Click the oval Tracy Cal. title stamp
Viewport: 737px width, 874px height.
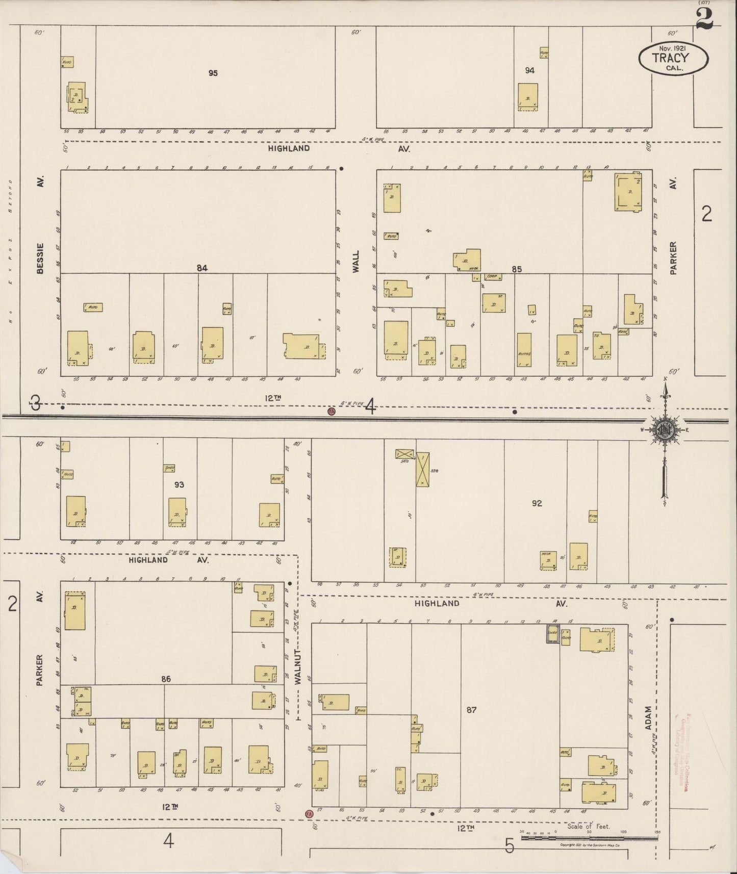click(673, 58)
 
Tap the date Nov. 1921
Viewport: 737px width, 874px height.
click(672, 47)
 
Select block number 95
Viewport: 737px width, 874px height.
click(213, 73)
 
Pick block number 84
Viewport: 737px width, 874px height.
click(202, 268)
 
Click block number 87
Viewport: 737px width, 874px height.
click(471, 709)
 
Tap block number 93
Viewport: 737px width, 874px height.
click(179, 484)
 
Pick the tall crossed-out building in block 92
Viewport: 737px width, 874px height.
click(422, 469)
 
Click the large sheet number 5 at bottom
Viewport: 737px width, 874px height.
click(510, 846)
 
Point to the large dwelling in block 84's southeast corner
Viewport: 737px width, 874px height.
click(304, 346)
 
